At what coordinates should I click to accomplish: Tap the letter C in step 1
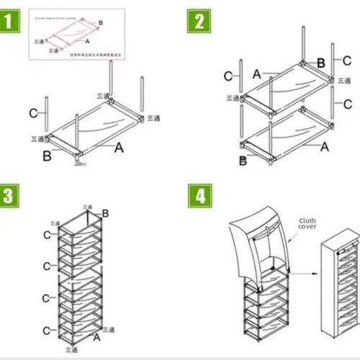point(33,112)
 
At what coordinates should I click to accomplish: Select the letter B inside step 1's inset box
point(100,24)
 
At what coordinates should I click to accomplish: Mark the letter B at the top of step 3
point(105,213)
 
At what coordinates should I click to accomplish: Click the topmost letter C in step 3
point(47,235)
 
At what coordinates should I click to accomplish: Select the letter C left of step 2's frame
point(227,76)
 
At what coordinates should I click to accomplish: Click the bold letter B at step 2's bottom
point(243,161)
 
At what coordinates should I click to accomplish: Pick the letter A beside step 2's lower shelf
point(324,146)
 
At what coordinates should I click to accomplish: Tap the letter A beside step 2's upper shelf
point(257,73)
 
